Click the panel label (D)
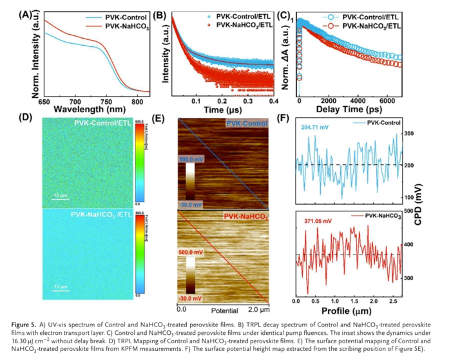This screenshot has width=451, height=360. pos(26,117)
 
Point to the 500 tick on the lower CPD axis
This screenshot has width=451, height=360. pos(408,211)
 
